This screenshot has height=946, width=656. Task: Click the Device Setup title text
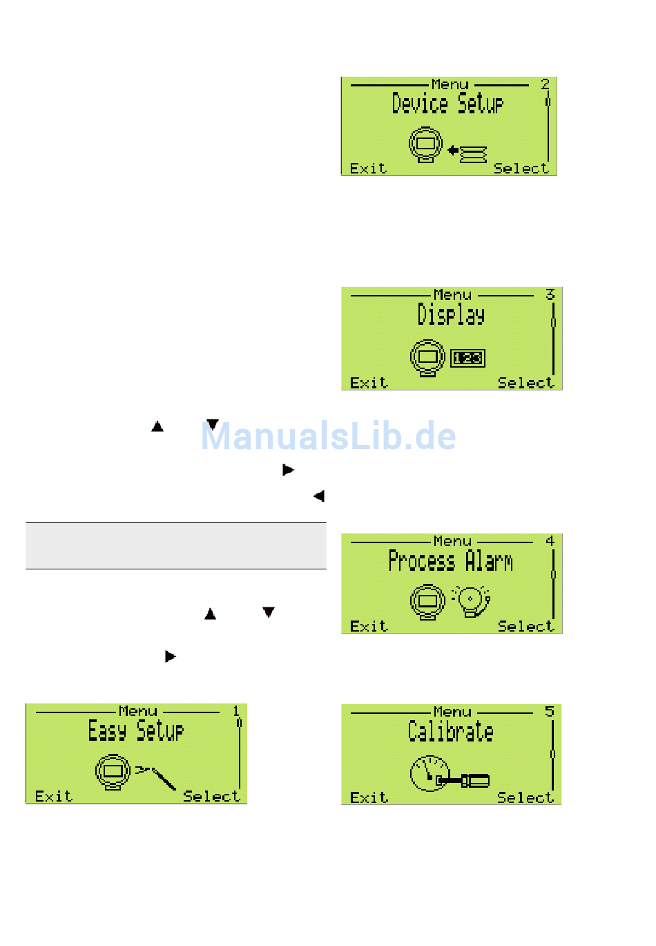447,104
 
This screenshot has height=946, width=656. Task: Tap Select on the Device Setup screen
521,169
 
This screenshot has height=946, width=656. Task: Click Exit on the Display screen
369,383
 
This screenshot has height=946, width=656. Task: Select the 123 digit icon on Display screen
468,358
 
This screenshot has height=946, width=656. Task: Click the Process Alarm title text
450,560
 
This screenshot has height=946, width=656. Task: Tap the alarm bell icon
472,600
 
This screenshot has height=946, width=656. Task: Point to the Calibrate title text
450,731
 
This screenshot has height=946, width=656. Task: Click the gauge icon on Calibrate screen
428,773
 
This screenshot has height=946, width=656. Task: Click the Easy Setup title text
136,730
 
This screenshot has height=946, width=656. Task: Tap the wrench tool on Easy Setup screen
157,776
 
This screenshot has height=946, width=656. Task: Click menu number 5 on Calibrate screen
550,711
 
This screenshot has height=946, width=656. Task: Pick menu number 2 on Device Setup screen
545,84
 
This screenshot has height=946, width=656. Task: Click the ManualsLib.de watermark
329,437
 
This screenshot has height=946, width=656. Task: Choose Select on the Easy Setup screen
211,796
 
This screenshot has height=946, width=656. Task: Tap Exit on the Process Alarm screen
369,626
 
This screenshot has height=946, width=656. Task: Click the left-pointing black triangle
318,496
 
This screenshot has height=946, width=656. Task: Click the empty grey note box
176,546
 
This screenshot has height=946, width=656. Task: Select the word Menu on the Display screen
452,295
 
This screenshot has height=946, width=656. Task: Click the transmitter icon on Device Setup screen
425,145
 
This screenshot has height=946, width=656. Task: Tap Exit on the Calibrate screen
369,797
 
